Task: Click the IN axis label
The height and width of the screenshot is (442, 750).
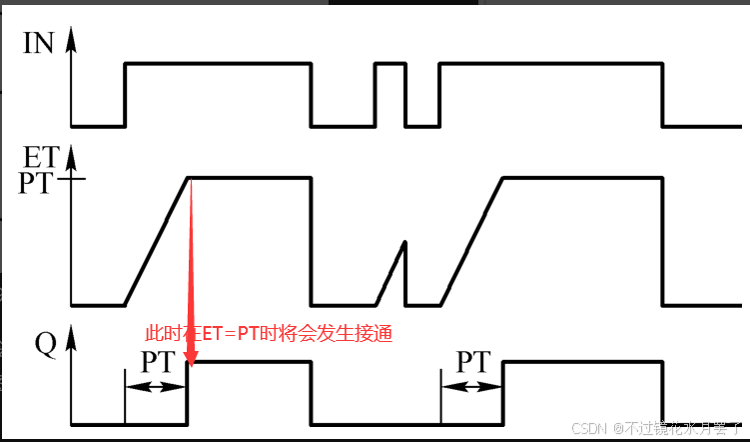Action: coord(39,44)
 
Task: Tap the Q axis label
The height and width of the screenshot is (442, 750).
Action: coord(46,344)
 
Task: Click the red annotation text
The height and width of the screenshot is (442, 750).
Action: coord(270,333)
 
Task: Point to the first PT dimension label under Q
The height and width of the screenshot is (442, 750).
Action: coord(161,362)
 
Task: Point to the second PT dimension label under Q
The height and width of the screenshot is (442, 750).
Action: coord(473,361)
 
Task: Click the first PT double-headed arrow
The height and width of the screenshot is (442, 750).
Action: coord(156,386)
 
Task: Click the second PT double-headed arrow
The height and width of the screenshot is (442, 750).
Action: coord(471,386)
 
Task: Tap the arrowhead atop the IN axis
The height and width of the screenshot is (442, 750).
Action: coord(72,38)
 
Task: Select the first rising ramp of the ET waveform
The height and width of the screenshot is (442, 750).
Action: coord(157,240)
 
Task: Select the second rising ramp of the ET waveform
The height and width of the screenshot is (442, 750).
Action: coord(471,240)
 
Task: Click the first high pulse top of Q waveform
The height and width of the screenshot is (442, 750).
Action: coord(250,363)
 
